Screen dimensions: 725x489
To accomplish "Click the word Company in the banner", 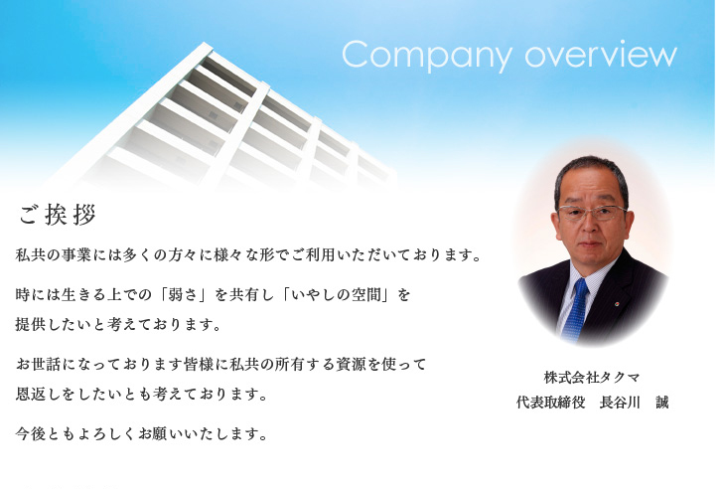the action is pyautogui.click(x=426, y=56).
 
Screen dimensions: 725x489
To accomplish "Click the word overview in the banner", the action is pyautogui.click(x=601, y=54).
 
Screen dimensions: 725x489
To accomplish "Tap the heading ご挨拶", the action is pyautogui.click(x=58, y=215).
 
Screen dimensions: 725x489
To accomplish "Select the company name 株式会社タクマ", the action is pyautogui.click(x=592, y=378).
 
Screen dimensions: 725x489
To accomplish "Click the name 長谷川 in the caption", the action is pyautogui.click(x=620, y=403).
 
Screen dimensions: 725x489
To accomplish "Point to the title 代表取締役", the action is pyautogui.click(x=550, y=403).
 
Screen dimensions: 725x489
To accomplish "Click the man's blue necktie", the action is pyautogui.click(x=576, y=309).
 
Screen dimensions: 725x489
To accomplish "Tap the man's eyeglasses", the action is pyautogui.click(x=592, y=213).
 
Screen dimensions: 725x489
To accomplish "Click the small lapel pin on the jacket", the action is pyautogui.click(x=617, y=304).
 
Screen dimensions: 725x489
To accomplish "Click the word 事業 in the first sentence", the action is pyautogui.click(x=75, y=254).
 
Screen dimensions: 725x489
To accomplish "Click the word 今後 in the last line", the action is pyautogui.click(x=31, y=433).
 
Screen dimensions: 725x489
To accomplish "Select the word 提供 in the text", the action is pyautogui.click(x=31, y=324).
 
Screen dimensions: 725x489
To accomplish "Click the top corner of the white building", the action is pyautogui.click(x=206, y=43).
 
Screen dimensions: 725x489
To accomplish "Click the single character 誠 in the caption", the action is pyautogui.click(x=661, y=403).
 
